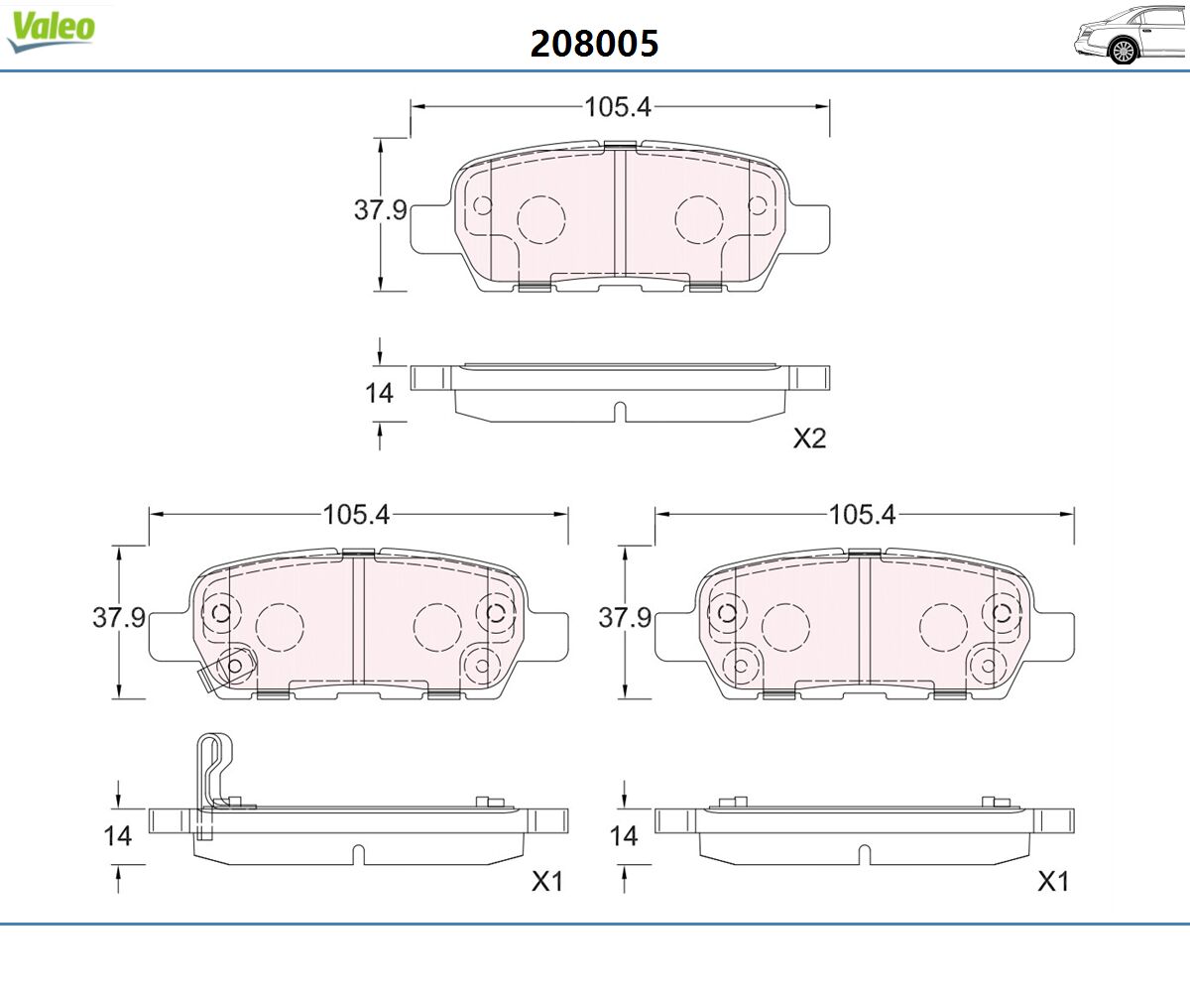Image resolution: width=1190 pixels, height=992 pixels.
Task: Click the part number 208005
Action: pos(594,44)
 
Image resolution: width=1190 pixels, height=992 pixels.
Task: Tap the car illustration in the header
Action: pos(1130,36)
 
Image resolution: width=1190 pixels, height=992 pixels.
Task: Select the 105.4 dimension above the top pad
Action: pos(618,106)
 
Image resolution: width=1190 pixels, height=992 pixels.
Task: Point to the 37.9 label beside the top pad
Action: pos(380,209)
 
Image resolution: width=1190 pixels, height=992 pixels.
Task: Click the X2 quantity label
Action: pos(809,438)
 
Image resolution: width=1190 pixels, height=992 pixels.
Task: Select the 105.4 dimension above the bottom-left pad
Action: pos(356,514)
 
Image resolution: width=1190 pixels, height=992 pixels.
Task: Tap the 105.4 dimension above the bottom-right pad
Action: pos(862,514)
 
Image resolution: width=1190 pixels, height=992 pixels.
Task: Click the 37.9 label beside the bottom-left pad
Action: pos(119,617)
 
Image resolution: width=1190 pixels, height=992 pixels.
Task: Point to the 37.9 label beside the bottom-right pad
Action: pos(625,617)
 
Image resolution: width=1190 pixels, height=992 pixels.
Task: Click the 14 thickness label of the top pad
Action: pos(379,394)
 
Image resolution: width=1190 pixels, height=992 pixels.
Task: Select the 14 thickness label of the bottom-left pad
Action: pos(117,836)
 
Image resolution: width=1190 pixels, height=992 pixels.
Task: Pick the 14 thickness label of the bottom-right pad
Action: pos(624,836)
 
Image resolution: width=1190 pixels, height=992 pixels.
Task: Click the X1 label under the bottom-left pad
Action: pos(547,882)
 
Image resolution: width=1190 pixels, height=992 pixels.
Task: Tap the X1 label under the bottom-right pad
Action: pos(1052,882)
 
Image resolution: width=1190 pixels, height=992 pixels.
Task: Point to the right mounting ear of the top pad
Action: pos(810,229)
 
